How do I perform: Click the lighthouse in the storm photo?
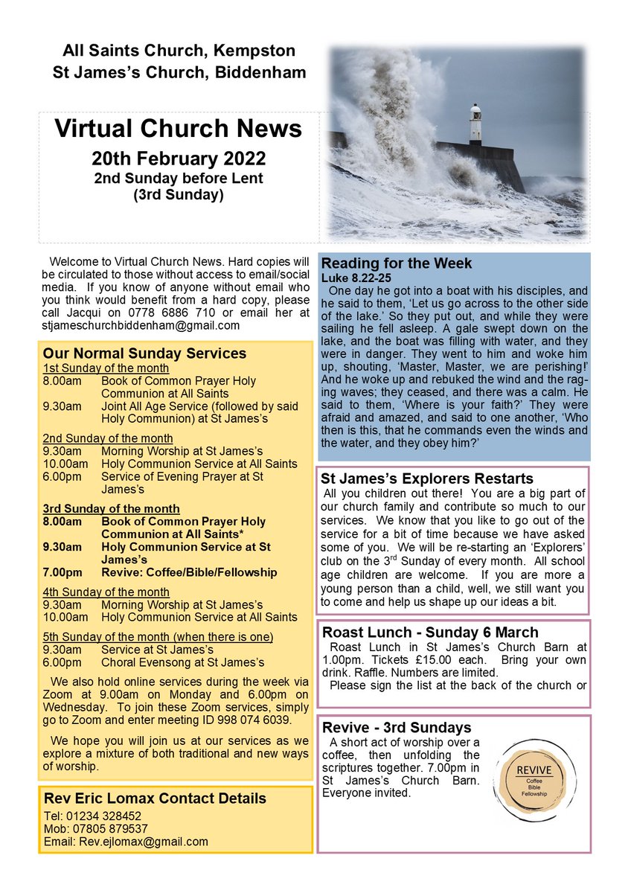tap(475, 124)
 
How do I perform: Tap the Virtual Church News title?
tap(179, 128)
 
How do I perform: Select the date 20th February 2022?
tap(179, 159)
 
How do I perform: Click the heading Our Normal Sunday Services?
tap(144, 353)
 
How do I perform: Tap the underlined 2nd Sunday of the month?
tap(107, 438)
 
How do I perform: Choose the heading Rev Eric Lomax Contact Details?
tap(155, 798)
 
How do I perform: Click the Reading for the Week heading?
tap(397, 264)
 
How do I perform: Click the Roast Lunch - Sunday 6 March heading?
tap(430, 633)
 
